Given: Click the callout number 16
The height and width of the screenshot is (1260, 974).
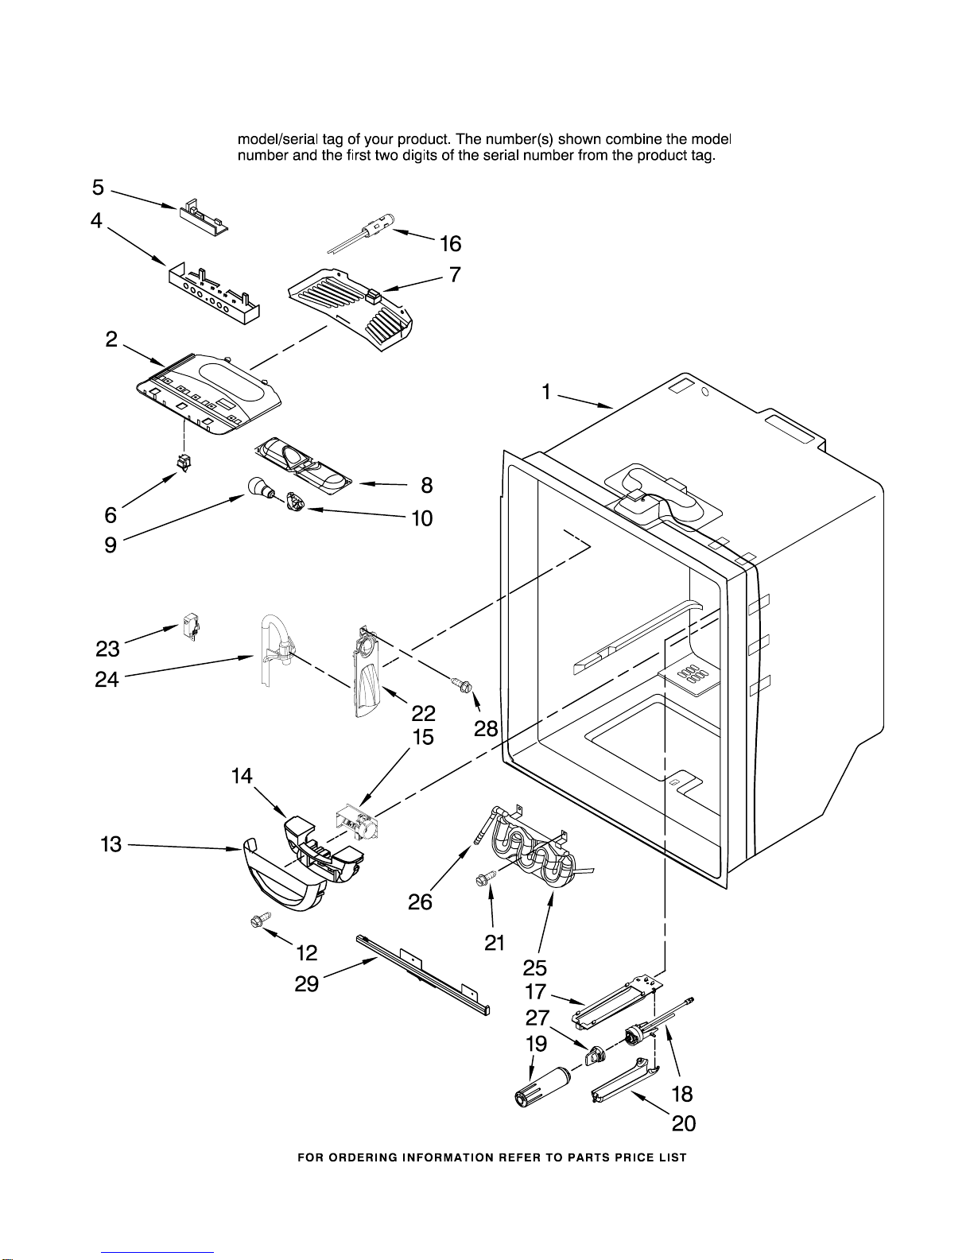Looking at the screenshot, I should point(451,244).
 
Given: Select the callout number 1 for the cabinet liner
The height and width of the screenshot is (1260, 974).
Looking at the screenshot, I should point(546,392).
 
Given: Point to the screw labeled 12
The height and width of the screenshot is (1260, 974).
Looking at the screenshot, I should point(257,921).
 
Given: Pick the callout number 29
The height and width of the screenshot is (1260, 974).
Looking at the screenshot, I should point(307,984).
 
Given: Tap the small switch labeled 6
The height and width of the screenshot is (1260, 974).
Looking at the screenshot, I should point(185,462).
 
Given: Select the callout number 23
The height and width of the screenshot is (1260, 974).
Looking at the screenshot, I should point(107,649).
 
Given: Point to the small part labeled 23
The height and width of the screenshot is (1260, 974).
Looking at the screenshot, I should point(191,626).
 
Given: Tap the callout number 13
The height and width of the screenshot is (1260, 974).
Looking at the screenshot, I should point(111,844).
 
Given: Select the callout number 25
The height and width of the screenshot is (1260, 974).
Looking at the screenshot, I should point(535,967).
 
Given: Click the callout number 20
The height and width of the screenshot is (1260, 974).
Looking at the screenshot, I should point(684,1123).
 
